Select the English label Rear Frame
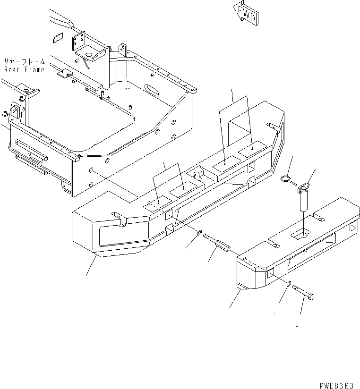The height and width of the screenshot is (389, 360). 24,69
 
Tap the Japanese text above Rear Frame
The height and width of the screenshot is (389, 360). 24,61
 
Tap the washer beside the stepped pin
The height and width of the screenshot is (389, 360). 199,232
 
